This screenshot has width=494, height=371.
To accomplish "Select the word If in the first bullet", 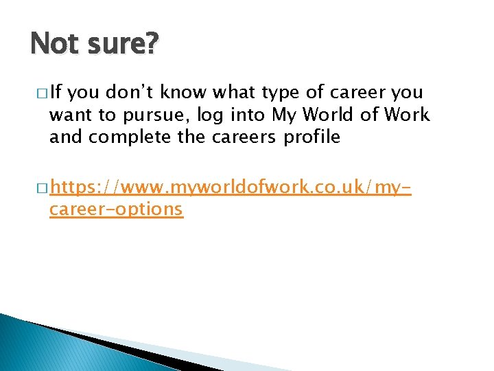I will pos(56,93).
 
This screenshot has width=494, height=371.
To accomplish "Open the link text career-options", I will pos(116,209).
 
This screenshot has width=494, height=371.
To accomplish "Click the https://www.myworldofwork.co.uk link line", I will pos(231,186).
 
